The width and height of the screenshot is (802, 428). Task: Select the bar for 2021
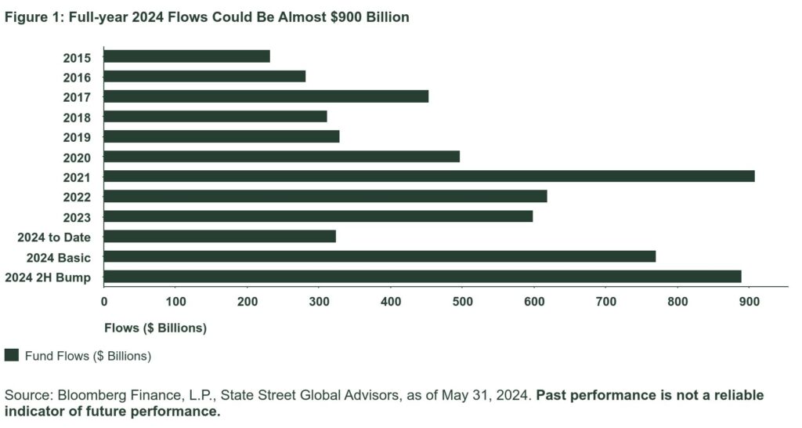429,176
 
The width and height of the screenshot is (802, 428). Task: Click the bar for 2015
186,56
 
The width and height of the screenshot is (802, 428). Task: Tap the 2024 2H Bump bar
422,277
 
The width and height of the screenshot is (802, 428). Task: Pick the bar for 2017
266,96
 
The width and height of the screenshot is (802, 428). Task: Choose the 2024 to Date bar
219,236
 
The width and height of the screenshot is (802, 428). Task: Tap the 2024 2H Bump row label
48,277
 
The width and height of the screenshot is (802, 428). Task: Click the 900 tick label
750,301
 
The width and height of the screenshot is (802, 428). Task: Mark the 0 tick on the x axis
104,301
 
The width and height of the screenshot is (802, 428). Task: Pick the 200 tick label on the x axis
247,301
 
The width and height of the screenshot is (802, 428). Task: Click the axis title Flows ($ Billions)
155,328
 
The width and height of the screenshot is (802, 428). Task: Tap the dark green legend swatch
11,356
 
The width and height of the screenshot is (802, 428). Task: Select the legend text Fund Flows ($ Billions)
87,356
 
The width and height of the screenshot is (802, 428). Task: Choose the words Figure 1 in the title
28,17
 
